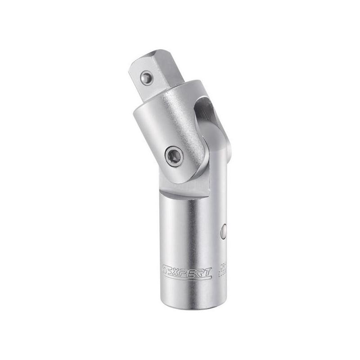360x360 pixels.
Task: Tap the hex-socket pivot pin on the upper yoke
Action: [174, 157]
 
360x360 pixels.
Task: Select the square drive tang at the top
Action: [148, 74]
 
